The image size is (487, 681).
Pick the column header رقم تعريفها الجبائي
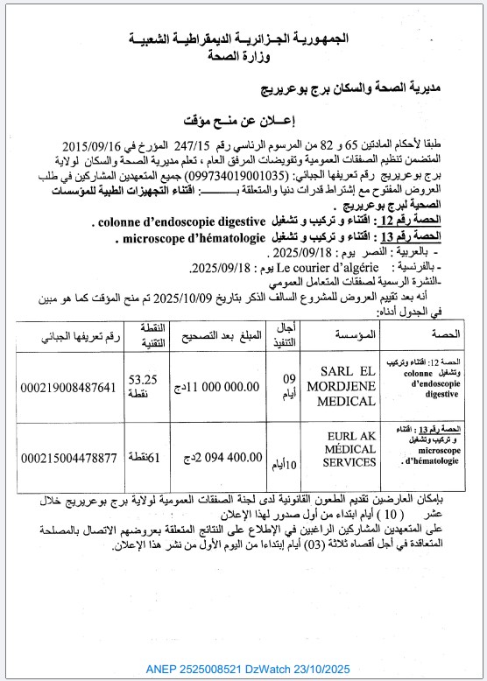point(79,335)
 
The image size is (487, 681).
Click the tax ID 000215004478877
point(80,457)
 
